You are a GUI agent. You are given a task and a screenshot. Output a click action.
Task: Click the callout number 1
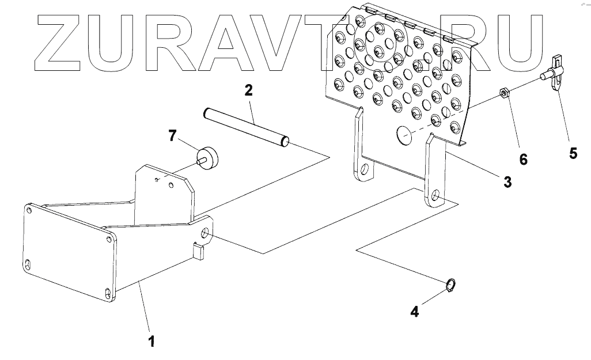151,341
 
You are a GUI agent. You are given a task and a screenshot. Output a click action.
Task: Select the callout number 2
248,90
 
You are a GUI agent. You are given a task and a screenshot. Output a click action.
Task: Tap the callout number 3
507,182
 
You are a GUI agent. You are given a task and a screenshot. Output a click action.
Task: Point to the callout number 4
415,312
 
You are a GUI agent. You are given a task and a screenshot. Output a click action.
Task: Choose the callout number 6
523,159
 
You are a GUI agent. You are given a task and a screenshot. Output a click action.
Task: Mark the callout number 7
172,136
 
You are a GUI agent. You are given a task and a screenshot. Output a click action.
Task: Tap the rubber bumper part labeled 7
208,157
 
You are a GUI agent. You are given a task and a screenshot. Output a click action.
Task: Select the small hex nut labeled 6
503,93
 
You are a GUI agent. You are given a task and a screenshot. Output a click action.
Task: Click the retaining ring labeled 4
452,285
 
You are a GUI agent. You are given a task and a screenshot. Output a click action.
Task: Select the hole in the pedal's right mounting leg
435,198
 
